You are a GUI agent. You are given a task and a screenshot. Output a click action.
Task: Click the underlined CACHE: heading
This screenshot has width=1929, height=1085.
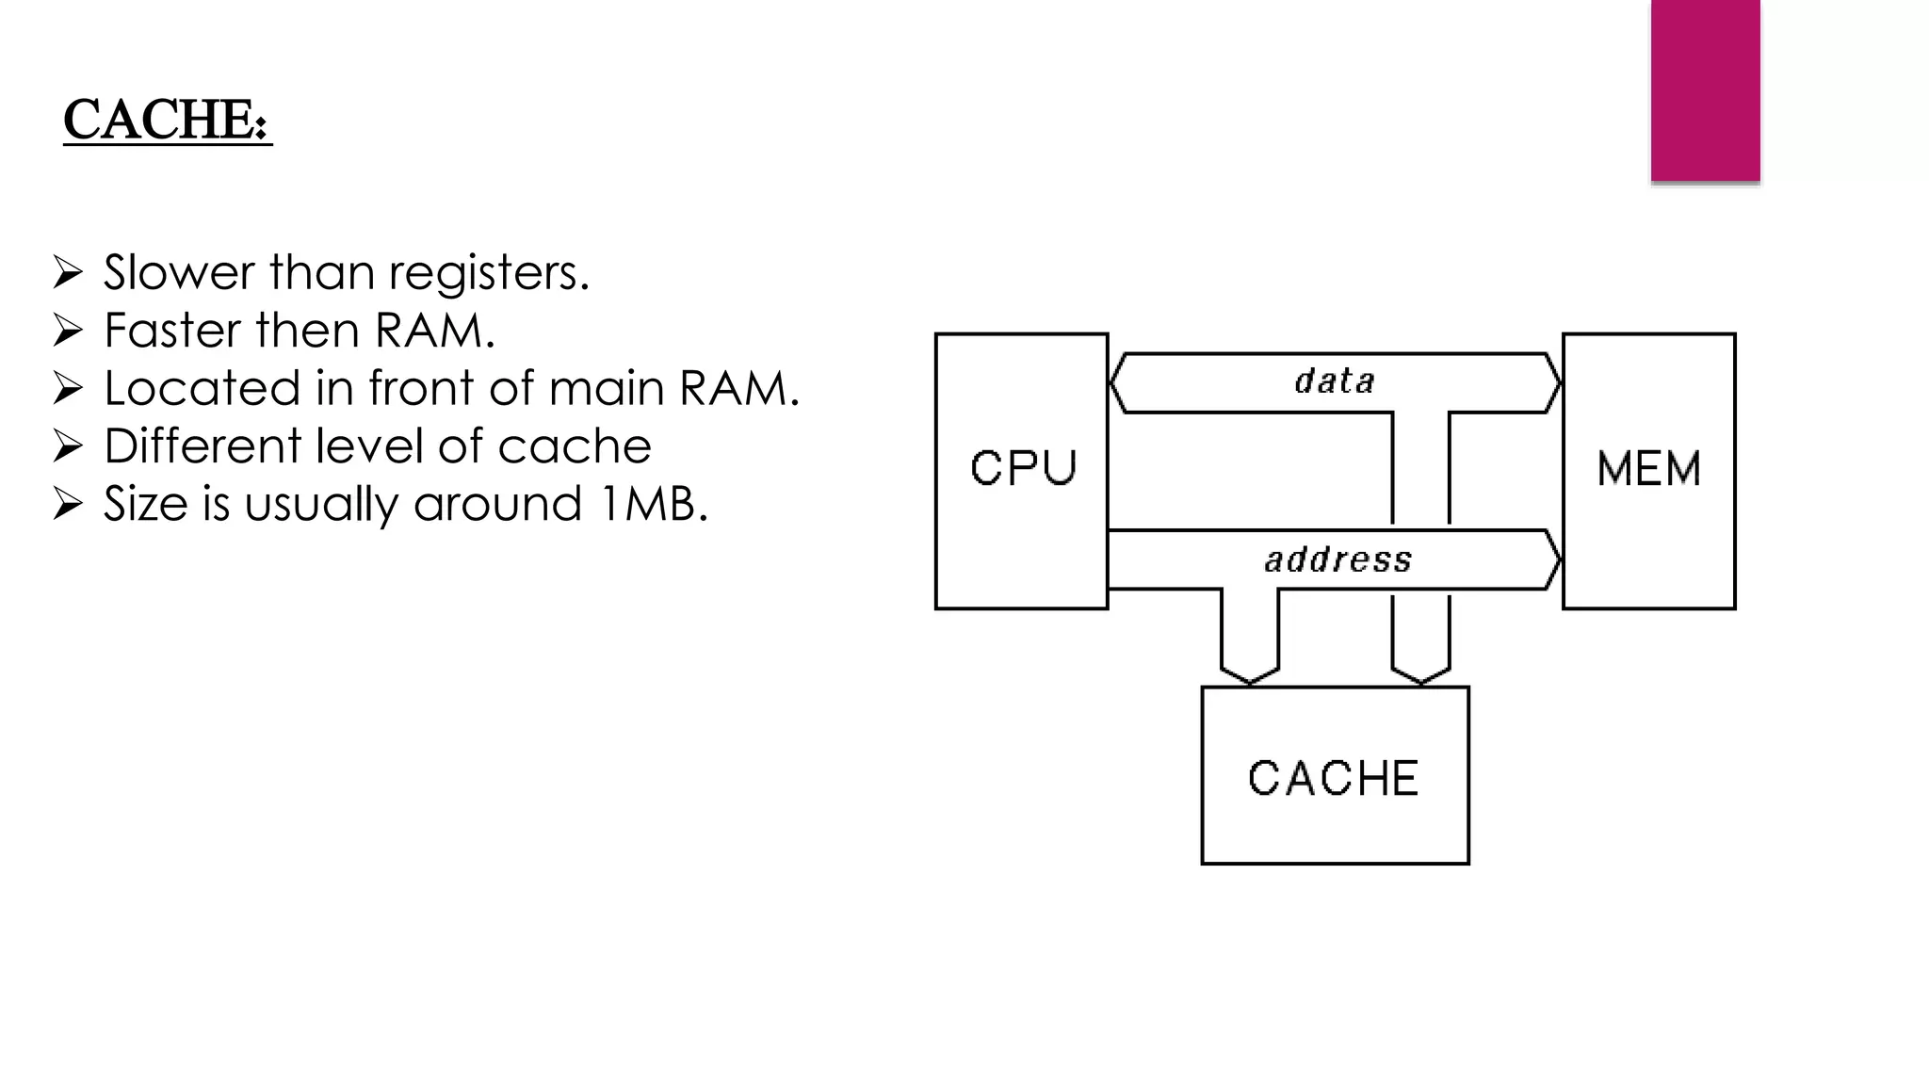click(167, 120)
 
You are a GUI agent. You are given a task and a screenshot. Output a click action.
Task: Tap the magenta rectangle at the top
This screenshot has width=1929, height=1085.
click(1705, 89)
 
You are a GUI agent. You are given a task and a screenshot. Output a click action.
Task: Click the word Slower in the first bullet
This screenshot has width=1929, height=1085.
click(179, 272)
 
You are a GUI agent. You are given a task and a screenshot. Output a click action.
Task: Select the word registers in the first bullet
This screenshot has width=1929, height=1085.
click(488, 274)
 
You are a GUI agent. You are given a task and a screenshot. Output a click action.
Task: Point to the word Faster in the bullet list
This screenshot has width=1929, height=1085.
click(172, 331)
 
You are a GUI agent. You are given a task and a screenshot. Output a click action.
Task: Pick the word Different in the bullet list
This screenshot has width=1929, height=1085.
click(202, 445)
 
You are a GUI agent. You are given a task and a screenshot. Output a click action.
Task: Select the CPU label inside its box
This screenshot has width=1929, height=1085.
click(1023, 467)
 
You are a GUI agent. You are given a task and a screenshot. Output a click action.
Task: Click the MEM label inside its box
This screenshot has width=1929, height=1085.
click(1648, 468)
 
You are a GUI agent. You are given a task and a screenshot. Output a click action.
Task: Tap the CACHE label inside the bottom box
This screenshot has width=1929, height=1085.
click(1333, 778)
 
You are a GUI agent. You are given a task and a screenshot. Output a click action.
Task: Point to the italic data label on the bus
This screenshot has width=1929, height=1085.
click(1335, 381)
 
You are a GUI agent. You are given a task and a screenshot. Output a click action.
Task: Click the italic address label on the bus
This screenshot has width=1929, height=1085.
click(1337, 559)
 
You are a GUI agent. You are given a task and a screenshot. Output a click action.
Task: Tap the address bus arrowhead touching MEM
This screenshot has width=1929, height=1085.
click(1554, 559)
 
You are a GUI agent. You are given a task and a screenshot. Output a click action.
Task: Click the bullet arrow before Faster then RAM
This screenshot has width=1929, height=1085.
click(68, 331)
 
